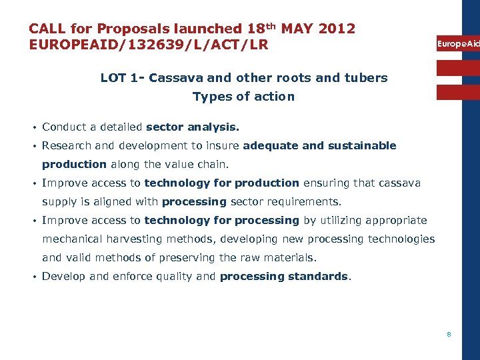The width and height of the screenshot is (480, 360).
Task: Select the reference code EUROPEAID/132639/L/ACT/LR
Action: pos(149,45)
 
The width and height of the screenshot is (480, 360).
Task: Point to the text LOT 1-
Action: pos(123,77)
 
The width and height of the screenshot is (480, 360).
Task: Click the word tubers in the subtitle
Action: pos(367,77)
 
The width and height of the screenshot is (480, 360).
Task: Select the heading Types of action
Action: pos(243,97)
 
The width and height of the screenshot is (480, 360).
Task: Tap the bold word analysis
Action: pos(213,127)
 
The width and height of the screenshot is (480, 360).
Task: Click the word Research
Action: pos(67,145)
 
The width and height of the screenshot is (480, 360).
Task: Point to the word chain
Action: pos(213,164)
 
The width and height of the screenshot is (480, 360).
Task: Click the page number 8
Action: pos(449,334)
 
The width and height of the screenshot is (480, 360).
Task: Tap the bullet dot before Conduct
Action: pos(32,127)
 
